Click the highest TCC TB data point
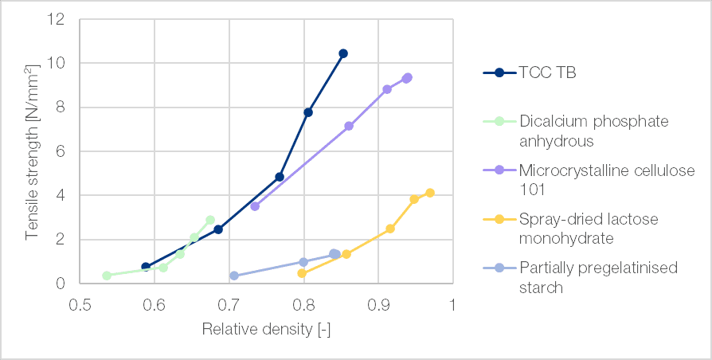click(343, 53)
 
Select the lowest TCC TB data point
click(146, 267)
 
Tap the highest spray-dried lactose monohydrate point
click(430, 193)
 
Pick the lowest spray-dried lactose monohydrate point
click(302, 273)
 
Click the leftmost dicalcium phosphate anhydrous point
click(107, 276)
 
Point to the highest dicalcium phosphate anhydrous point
click(210, 220)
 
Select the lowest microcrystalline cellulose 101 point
click(255, 206)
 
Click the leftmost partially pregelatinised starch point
click(234, 276)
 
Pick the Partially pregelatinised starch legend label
click(598, 276)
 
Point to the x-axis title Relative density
click(265, 329)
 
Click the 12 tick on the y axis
click(56, 19)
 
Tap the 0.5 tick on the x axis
click(80, 303)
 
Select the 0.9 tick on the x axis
click(378, 303)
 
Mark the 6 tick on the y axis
click(60, 151)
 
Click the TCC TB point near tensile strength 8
click(308, 112)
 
